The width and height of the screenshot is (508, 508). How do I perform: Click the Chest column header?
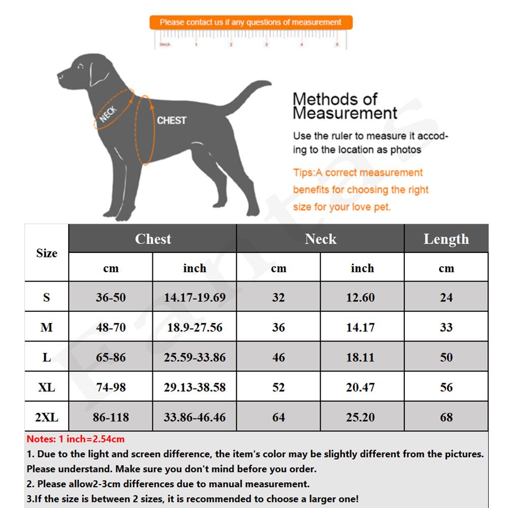coord(153,239)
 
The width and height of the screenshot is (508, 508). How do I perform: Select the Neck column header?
coord(321,239)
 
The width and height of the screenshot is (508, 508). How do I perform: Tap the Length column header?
coord(446,239)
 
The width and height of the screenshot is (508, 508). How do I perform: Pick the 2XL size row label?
coord(47,417)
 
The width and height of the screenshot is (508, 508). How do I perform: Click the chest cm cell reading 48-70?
coord(111,327)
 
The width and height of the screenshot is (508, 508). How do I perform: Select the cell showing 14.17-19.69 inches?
coord(195,297)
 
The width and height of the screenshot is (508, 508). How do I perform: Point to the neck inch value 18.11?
coord(360,357)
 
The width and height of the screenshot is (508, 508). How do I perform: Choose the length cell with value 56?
coord(446,387)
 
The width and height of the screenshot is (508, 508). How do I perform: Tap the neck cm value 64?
coord(278,417)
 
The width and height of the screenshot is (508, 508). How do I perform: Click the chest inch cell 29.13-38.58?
coord(195,387)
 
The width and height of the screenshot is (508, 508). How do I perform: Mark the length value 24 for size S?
coord(446,297)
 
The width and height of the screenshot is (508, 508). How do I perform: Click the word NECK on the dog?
coord(108,114)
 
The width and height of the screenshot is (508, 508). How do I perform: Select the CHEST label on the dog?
coord(171,120)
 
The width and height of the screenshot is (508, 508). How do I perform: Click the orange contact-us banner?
coord(250,22)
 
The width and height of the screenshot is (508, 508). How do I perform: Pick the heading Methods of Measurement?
coord(344,106)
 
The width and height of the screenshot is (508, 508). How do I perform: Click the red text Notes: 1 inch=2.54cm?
coord(76,439)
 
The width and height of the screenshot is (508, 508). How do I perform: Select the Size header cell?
coord(47,253)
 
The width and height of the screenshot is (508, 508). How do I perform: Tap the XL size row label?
coord(47,387)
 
